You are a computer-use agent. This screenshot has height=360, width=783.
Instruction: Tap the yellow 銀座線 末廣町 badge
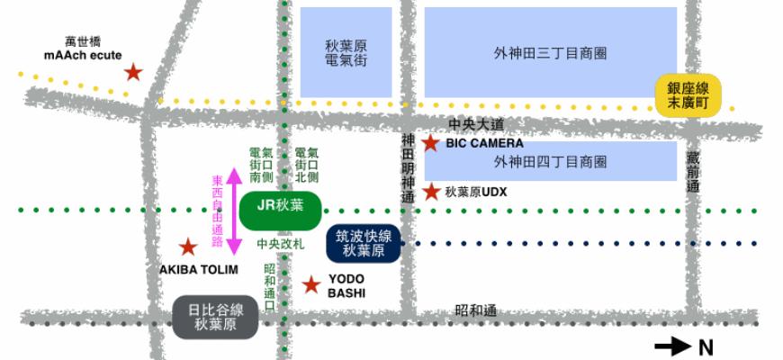pos(691,94)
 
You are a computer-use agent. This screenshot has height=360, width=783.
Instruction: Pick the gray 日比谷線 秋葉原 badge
pos(215,316)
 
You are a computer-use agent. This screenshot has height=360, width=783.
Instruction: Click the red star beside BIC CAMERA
pos(431,143)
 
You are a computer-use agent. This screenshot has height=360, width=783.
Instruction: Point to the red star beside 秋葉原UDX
pos(431,192)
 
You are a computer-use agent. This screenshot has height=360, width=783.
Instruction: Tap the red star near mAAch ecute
pos(133,72)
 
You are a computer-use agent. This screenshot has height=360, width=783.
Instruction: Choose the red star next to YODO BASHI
pos(311,285)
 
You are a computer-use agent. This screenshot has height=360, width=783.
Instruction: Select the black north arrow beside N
pos(672,346)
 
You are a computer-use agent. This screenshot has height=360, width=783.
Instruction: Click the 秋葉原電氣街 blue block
pos(346,52)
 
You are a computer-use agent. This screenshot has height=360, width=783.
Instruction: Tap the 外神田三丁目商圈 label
pos(550,53)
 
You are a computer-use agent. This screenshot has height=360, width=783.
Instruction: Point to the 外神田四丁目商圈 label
pos(550,162)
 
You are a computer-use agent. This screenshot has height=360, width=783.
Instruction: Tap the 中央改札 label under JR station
pos(280,244)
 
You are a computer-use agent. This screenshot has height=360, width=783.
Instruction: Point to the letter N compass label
pos(706,346)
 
